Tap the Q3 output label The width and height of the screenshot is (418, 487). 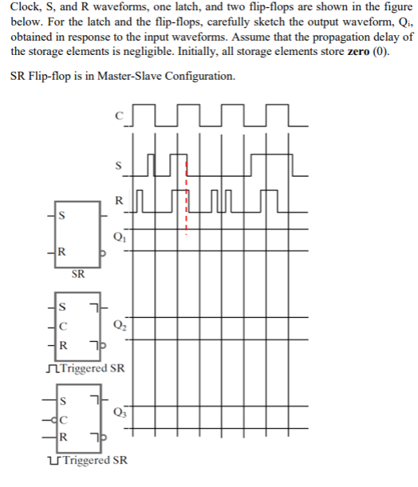(120, 412)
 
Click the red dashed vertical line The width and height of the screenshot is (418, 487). (186, 199)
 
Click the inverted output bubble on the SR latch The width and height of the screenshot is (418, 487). (101, 253)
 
